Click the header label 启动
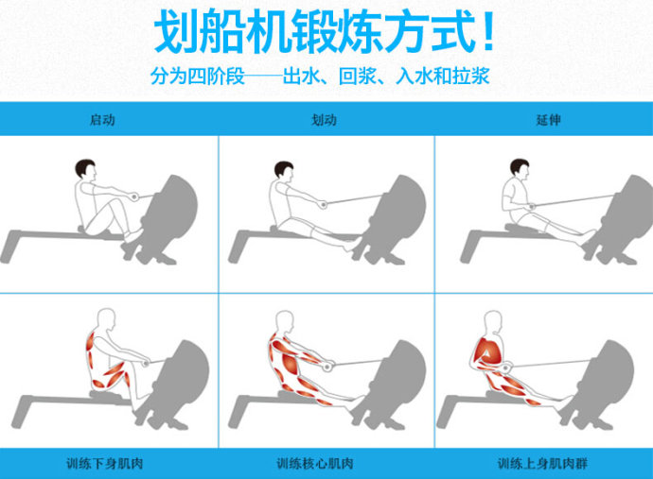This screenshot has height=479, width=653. click(x=102, y=120)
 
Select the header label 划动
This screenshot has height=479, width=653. click(x=324, y=120)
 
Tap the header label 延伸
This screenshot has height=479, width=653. click(x=548, y=120)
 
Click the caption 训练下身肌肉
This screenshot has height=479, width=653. click(x=104, y=463)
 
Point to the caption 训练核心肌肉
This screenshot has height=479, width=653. click(x=315, y=463)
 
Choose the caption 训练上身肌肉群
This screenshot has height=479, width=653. click(x=542, y=463)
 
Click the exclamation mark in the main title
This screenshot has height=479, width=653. click(x=488, y=31)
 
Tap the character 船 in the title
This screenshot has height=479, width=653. click(x=221, y=31)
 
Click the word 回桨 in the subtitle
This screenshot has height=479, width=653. click(x=358, y=77)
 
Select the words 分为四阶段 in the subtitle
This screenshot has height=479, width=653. click(x=198, y=77)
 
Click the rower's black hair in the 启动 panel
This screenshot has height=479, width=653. click(x=84, y=167)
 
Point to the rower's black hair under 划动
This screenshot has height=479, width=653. click(x=283, y=169)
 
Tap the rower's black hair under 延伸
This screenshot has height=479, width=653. click(x=519, y=166)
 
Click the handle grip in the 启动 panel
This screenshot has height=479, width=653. click(x=134, y=197)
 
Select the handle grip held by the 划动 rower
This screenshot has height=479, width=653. click(x=323, y=204)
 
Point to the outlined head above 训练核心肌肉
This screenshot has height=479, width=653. click(x=285, y=321)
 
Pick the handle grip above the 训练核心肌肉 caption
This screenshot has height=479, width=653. click(x=327, y=367)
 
